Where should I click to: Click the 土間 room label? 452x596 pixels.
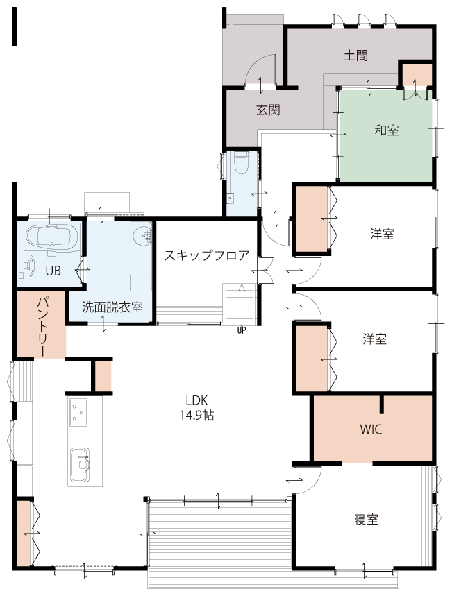point(355,56)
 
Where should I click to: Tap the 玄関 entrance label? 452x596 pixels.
point(268,110)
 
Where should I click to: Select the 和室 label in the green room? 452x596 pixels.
point(386,130)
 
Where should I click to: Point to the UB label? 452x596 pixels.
point(53,271)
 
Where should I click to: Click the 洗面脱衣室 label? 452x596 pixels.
point(112,307)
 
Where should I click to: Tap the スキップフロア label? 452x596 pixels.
point(207,255)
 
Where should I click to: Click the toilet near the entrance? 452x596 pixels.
point(241,162)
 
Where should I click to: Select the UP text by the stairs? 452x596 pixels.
point(242,330)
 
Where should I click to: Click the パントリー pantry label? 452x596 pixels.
point(42,327)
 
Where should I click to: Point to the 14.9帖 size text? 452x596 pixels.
point(196,416)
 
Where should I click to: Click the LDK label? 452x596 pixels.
point(196,400)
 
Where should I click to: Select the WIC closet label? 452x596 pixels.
point(371,429)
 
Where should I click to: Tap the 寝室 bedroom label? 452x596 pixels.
point(366,519)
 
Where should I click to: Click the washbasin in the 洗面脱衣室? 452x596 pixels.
point(142,236)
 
